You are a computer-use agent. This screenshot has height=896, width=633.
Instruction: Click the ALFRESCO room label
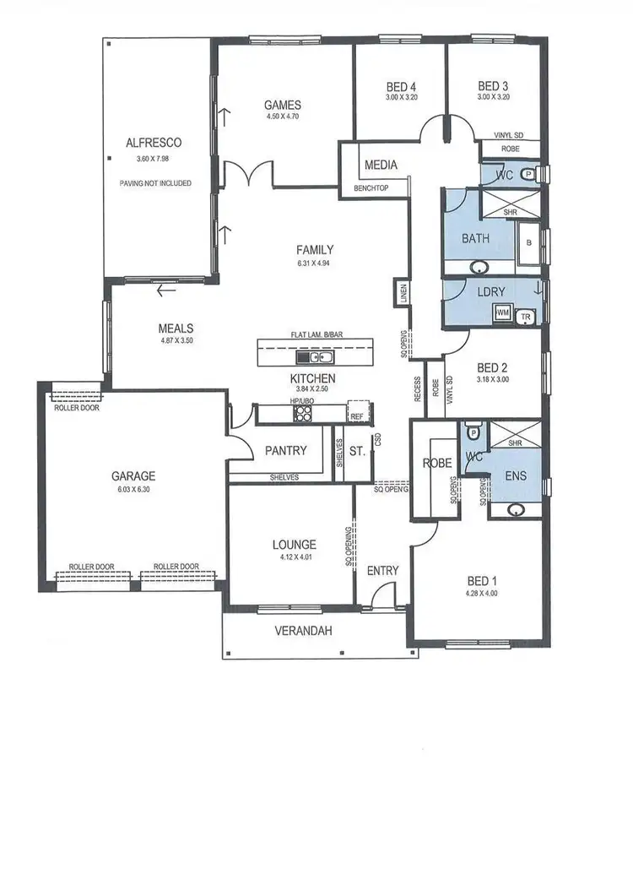click(154, 143)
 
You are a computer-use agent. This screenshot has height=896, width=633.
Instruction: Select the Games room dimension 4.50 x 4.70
click(282, 117)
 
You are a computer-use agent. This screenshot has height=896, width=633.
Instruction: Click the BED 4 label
click(401, 86)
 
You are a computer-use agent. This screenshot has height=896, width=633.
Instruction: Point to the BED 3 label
click(494, 86)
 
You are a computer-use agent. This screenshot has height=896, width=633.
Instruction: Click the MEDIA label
click(381, 165)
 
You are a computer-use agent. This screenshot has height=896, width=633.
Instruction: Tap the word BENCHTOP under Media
click(371, 188)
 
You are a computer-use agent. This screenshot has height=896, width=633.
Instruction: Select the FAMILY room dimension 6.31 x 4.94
click(315, 263)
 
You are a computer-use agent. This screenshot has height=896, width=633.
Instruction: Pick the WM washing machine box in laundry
click(504, 313)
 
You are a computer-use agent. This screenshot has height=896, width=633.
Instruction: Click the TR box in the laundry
click(527, 315)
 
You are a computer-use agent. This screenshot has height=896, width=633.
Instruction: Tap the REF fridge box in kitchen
click(357, 415)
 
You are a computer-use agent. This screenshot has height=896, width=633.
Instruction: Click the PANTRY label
click(286, 451)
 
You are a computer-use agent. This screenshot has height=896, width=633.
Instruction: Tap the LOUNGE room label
click(294, 545)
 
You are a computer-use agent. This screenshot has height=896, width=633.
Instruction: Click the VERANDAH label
click(301, 631)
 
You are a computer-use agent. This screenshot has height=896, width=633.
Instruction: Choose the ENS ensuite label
click(514, 476)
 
